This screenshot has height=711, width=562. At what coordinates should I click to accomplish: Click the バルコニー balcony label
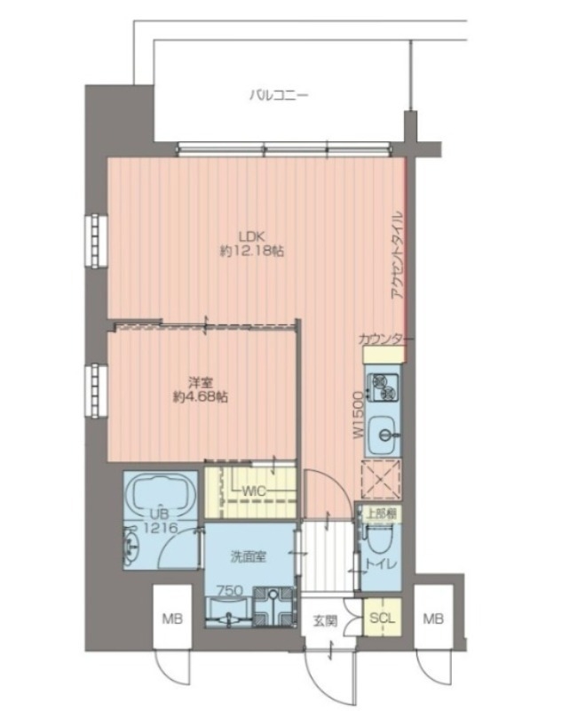coord(279,92)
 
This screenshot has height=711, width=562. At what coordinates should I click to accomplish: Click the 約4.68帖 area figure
coord(199,398)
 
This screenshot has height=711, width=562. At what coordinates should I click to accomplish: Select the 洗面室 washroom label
coord(249,557)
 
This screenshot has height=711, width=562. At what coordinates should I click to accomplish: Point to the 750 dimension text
coord(231,590)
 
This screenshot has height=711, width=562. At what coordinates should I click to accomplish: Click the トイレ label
coord(387,564)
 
